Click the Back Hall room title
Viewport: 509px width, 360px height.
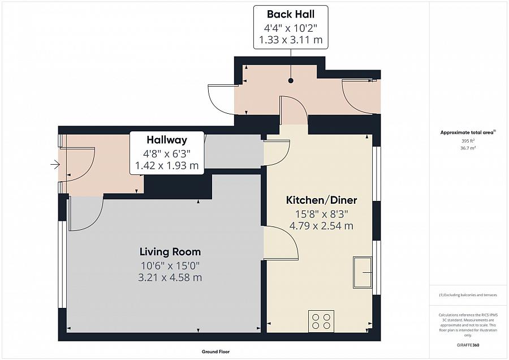291,14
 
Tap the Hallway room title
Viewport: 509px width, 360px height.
167,140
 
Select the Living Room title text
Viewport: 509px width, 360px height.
170,252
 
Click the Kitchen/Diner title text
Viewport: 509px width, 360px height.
321,200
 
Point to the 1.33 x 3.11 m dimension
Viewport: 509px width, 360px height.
291,40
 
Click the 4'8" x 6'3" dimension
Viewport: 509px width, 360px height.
167,153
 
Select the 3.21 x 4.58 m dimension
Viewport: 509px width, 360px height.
170,277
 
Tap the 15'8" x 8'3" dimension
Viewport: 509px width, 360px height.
321,214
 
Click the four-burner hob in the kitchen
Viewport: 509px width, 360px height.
321,322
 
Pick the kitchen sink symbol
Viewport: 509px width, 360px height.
363,272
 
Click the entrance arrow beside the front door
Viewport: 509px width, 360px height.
55,165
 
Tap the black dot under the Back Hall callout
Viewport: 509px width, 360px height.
291,80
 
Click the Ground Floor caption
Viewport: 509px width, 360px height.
215,352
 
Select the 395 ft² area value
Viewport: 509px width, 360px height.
468,141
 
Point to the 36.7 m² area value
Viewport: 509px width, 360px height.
468,148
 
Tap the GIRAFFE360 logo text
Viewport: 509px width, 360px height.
468,345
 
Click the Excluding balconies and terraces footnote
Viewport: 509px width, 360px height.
468,295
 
